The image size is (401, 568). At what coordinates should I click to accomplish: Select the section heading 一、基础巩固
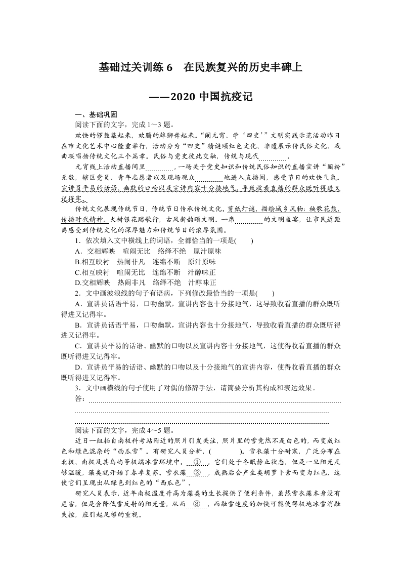(x=96, y=115)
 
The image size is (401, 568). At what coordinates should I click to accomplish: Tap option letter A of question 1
(x=78, y=251)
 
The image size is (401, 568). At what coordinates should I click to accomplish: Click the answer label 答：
(x=80, y=399)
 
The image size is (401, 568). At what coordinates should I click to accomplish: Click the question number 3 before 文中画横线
(x=77, y=388)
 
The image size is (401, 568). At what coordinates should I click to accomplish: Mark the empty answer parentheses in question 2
(x=265, y=293)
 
